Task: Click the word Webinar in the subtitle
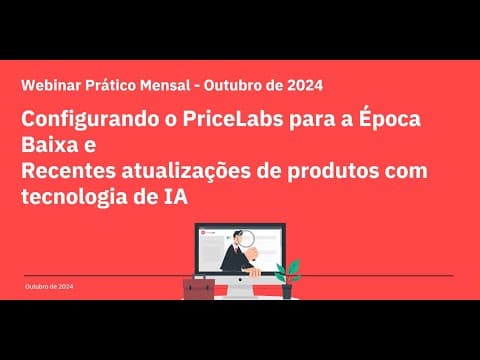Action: pos(49,86)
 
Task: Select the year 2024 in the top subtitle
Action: pos(303,86)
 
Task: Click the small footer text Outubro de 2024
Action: pos(49,287)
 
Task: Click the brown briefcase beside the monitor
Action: pos(198,289)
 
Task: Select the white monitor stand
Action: pos(240,288)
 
